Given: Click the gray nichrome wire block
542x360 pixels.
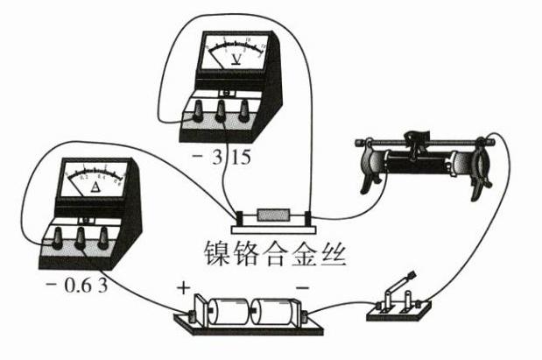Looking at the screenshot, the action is click(x=272, y=215).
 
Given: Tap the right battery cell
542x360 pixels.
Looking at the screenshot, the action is click(x=277, y=312).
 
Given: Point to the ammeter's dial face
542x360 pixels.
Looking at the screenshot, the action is click(x=95, y=180).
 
